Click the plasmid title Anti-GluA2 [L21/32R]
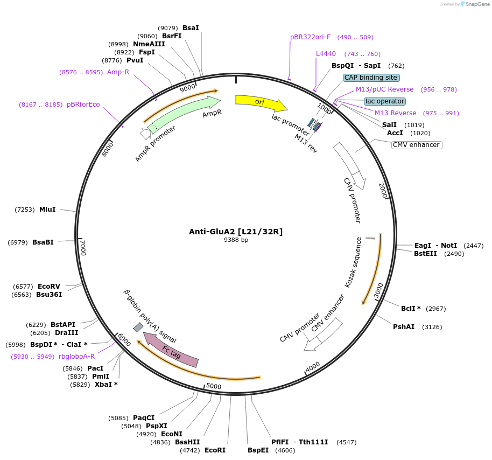236,232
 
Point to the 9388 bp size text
236,240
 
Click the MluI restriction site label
47,209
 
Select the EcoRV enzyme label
49,287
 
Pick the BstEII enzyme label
425,254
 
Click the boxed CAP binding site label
371,78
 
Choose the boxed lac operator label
384,101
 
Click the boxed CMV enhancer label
416,145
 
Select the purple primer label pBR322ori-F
310,37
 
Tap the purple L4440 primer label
326,54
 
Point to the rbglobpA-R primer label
76,357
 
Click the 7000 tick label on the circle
83,249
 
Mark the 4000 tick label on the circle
313,367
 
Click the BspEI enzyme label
258,450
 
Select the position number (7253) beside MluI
25,209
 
